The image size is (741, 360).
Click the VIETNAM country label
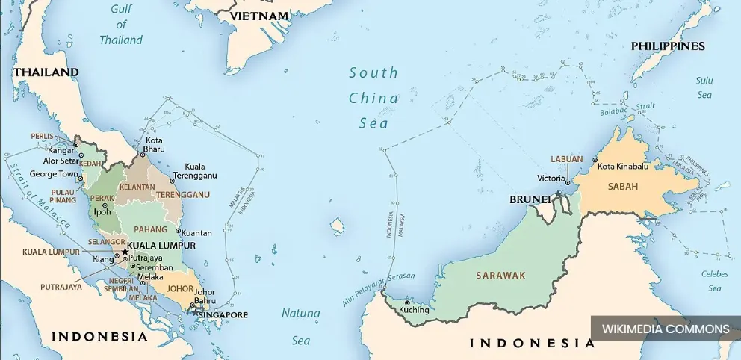(259, 16)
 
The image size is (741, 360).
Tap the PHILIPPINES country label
(668, 46)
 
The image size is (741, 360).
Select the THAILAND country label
(46, 72)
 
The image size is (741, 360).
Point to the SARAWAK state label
(500, 276)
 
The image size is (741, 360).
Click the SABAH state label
(623, 187)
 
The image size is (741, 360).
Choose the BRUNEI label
(530, 199)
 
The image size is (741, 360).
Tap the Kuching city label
(414, 310)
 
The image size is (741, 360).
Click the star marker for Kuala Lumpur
(125, 252)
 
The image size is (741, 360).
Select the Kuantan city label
(196, 233)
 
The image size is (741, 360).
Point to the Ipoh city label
(102, 211)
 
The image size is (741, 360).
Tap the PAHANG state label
(151, 229)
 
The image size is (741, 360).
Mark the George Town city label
(54, 174)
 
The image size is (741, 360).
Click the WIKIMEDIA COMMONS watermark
(665, 329)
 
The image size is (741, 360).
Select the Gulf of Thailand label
(120, 25)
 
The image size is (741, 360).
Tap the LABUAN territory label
(567, 159)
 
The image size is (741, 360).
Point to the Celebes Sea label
(714, 281)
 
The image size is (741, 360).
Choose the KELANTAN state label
(137, 187)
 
